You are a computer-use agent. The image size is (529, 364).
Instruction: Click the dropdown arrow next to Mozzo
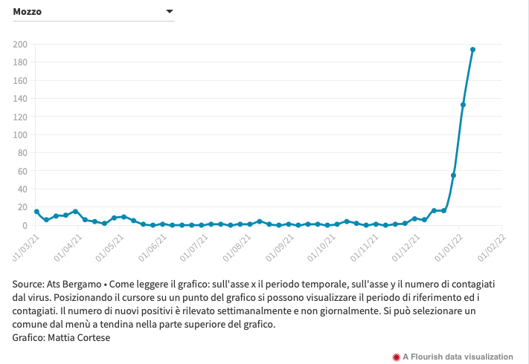170,12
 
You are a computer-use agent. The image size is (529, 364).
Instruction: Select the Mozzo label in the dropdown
28,12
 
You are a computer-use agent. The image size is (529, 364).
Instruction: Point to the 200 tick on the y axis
20,45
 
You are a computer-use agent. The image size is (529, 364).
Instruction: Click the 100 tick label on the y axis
20,135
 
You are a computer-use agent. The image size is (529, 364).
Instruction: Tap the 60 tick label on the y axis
22,172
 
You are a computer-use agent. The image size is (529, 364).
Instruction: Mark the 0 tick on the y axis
25,226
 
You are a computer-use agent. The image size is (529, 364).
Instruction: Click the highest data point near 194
472,50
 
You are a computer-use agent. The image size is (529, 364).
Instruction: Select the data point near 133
463,105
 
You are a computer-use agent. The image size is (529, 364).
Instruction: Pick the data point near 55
453,175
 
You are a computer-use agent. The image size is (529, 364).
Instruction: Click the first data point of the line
36,212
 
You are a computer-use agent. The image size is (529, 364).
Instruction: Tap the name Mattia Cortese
78,337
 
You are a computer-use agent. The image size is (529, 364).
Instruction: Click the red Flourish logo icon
396,357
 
